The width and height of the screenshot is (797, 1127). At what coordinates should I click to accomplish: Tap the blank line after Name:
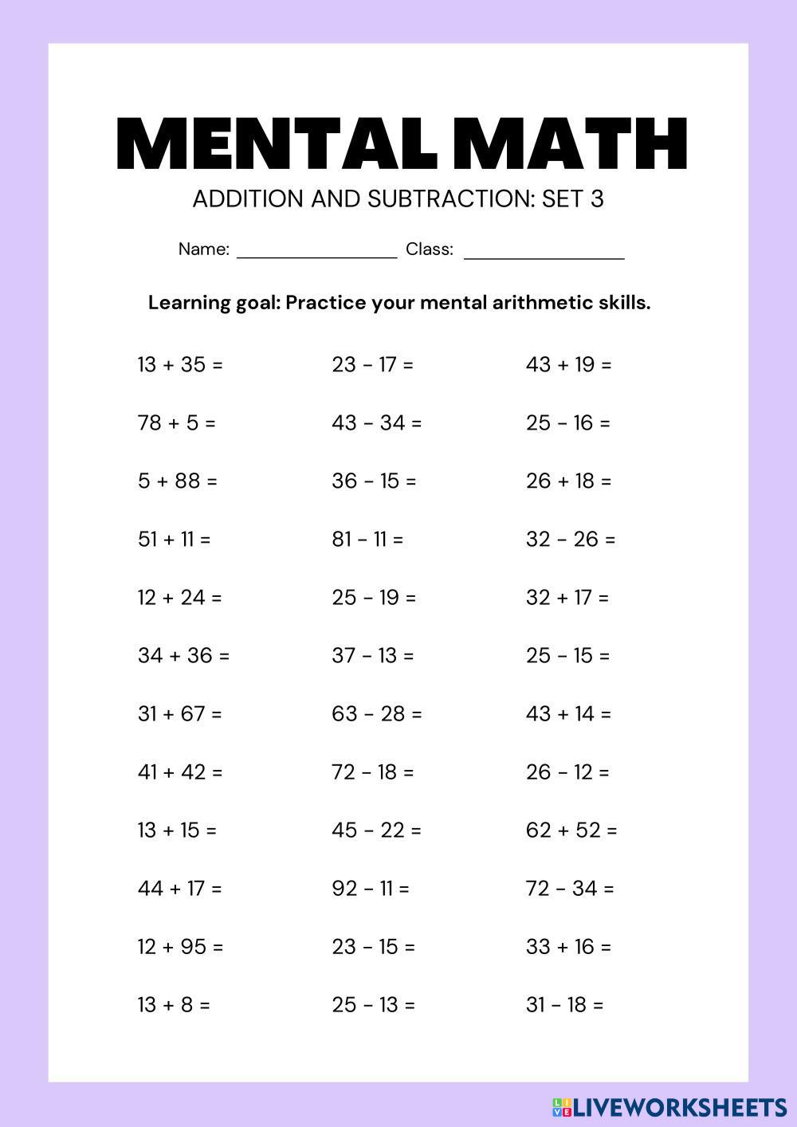316,253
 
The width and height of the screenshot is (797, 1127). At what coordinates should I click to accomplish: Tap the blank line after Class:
544,253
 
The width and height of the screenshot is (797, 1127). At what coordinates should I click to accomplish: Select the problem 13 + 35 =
180,365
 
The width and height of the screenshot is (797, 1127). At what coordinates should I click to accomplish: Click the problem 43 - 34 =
376,423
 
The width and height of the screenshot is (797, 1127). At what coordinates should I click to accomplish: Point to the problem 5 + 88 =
177,481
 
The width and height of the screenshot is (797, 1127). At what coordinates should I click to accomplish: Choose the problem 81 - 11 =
367,540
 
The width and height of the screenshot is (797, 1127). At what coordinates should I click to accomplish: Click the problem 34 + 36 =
183,656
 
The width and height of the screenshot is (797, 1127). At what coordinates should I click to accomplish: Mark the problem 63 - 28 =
376,714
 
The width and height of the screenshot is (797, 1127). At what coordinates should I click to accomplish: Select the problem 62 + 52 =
571,831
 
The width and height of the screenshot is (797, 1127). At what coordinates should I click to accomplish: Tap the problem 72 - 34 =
570,889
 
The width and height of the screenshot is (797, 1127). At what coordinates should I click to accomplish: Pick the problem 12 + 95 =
180,947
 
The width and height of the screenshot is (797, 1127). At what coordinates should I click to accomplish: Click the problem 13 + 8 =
174,1005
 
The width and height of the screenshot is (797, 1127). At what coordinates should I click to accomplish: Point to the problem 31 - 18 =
564,1005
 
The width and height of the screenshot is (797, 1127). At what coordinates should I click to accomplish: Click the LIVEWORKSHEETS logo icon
561,1106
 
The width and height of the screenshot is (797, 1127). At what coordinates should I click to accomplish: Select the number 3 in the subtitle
597,198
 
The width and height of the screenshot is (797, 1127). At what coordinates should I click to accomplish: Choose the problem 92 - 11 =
370,889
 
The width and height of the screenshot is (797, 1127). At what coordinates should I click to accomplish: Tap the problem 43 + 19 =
568,365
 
